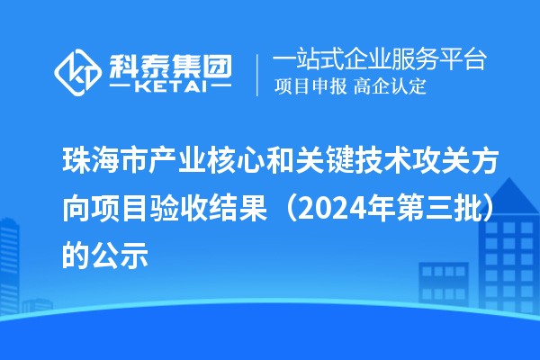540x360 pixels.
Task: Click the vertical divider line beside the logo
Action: pos(259,73)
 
